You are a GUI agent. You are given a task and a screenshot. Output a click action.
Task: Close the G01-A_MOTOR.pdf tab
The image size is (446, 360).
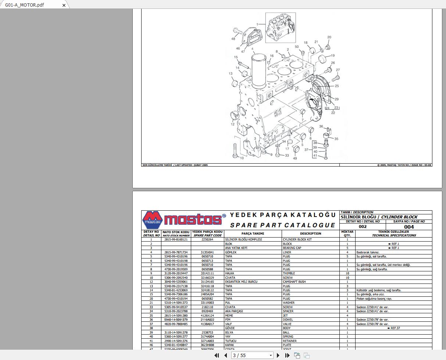click(x=64, y=5)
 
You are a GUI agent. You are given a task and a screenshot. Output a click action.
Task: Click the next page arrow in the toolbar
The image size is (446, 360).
click(x=278, y=355)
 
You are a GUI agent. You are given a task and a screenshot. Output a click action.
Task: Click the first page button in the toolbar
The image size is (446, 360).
click(x=217, y=355)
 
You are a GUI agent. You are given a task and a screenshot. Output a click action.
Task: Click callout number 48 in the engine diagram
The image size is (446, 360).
click(x=233, y=39)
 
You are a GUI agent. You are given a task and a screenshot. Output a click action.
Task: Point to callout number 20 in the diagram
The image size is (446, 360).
click(x=329, y=37)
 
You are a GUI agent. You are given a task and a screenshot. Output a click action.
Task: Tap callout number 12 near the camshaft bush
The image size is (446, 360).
click(x=232, y=124)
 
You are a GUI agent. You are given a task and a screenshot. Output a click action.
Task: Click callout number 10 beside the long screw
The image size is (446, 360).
click(x=242, y=158)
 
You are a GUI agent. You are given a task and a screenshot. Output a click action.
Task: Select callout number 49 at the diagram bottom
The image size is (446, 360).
click(x=295, y=158)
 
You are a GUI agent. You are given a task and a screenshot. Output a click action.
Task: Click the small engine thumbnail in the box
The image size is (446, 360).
click(x=281, y=28)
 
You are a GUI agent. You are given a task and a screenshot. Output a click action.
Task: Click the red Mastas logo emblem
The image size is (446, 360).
click(x=152, y=220)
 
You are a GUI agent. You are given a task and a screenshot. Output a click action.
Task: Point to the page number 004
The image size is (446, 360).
click(x=408, y=227)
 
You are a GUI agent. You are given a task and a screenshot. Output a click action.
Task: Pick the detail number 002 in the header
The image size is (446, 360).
click(x=363, y=227)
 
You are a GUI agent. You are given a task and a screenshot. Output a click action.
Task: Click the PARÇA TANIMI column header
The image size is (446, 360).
click(x=253, y=234)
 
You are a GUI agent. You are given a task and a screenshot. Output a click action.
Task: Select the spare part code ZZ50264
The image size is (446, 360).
click(x=207, y=239)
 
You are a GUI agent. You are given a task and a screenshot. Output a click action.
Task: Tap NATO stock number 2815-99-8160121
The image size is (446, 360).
click(x=176, y=239)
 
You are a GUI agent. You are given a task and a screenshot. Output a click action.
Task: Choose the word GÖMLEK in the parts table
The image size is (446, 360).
click(x=231, y=252)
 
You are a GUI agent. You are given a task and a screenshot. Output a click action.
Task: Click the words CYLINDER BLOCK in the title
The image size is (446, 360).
click(x=399, y=217)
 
